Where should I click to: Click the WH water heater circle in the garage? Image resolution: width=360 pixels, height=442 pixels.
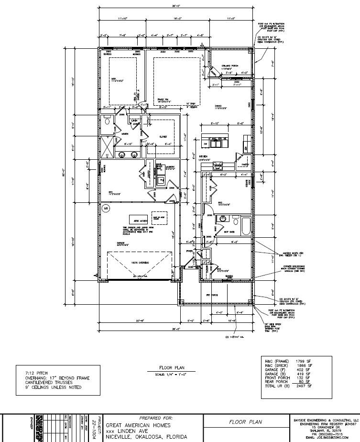106,208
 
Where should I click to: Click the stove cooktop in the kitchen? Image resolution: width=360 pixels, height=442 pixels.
218,165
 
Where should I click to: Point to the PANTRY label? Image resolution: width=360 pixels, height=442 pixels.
246,164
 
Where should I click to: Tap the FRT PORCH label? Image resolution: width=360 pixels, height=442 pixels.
212,295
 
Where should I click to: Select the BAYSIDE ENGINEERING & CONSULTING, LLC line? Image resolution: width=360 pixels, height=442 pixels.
326,418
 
